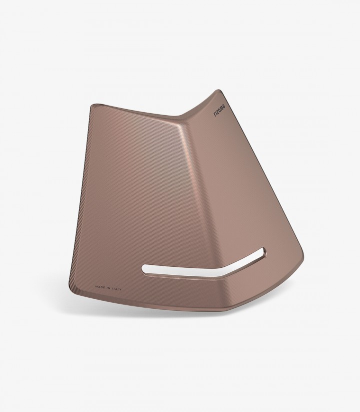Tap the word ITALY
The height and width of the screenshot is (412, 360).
tap(116, 289)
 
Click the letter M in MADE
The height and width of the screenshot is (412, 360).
tap(96, 286)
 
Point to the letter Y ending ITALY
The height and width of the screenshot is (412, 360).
tap(120, 289)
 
